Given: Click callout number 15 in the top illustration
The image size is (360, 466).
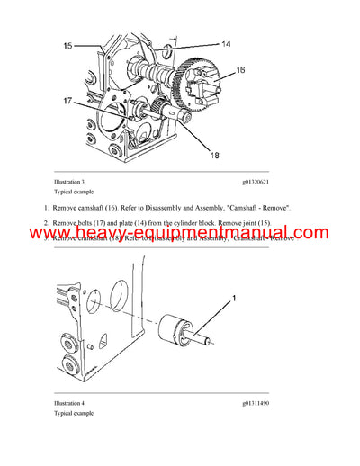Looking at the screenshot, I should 68,43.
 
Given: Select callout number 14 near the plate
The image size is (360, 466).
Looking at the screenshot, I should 226,43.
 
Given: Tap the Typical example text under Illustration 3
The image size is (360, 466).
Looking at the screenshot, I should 75,193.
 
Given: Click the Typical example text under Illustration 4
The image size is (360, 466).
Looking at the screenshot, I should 75,414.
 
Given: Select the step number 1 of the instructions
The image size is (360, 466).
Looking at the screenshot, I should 46,207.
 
